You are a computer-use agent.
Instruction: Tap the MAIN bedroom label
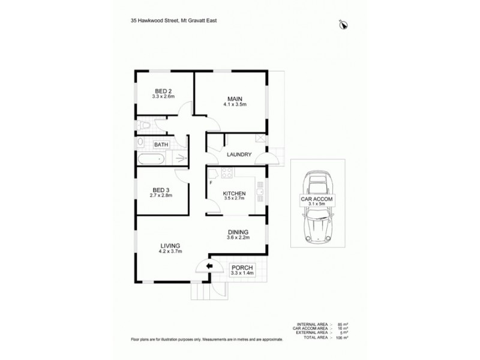pyautogui.click(x=234, y=98)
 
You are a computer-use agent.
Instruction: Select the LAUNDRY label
pyautogui.click(x=239, y=154)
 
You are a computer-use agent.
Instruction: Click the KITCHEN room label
pyautogui.click(x=234, y=193)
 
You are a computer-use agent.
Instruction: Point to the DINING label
pyautogui.click(x=238, y=232)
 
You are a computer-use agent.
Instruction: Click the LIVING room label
pyautogui.click(x=170, y=245)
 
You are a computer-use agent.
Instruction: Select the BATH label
pyautogui.click(x=161, y=145)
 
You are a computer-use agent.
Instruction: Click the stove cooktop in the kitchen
pyautogui.click(x=227, y=174)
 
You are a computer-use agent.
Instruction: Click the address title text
pyautogui.click(x=174, y=20)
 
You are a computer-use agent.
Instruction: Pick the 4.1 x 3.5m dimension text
pyautogui.click(x=234, y=104)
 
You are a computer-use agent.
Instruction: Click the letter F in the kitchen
pyautogui.click(x=211, y=182)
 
